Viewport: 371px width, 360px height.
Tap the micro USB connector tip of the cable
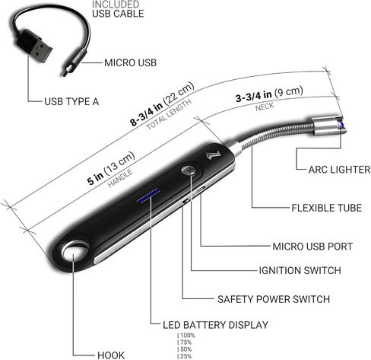(66, 70)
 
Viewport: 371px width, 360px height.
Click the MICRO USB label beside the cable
(130, 62)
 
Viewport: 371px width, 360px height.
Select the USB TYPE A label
(71, 101)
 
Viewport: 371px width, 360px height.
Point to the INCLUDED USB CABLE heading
(118, 9)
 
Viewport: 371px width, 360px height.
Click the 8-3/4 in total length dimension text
(162, 104)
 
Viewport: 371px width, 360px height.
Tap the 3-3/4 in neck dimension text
(269, 94)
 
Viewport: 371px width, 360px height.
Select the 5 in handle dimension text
(110, 168)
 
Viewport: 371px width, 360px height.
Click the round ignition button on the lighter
(188, 170)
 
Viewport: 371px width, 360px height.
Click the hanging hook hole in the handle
(74, 251)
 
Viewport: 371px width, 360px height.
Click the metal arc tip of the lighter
(329, 126)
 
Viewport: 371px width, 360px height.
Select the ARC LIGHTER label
(339, 170)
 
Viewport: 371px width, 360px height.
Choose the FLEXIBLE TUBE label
(326, 208)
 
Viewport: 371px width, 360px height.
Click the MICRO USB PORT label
(312, 247)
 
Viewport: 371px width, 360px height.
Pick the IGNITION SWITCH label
(300, 270)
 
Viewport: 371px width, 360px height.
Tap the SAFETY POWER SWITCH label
(274, 299)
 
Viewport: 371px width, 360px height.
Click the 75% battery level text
(185, 342)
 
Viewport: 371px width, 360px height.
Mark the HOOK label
(111, 355)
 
